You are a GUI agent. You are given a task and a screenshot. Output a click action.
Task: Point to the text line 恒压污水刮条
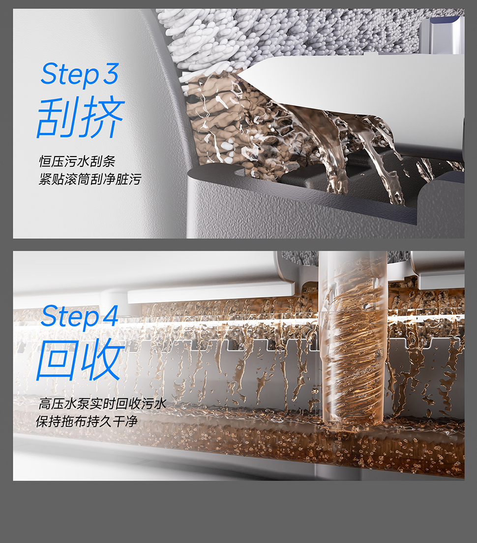click(x=77, y=161)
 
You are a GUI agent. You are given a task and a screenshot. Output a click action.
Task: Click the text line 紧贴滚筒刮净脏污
click(x=90, y=179)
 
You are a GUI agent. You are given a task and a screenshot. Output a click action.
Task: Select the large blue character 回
click(x=57, y=359)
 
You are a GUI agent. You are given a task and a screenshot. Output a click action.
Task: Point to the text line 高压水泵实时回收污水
click(x=102, y=404)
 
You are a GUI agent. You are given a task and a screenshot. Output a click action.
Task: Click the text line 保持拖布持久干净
click(x=87, y=421)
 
